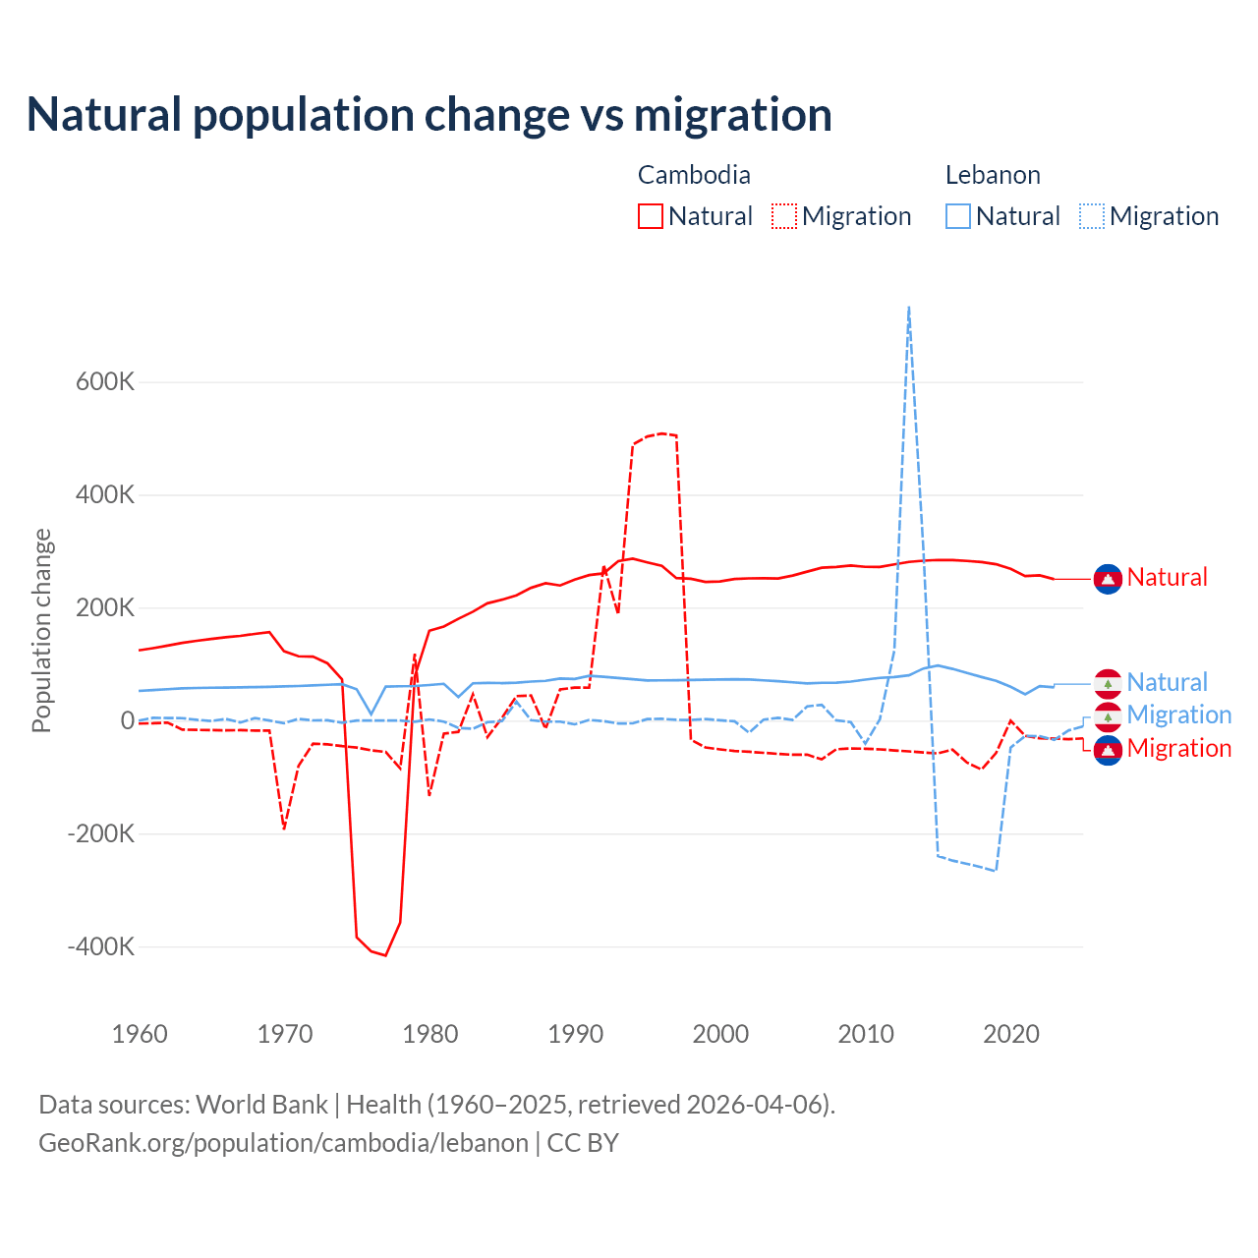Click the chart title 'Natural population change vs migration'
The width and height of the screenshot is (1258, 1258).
tap(429, 115)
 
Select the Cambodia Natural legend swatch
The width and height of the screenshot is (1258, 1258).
tap(651, 216)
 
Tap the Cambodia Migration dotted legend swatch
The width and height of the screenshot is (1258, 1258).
tap(784, 216)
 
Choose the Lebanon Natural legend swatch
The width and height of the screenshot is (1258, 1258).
tap(958, 216)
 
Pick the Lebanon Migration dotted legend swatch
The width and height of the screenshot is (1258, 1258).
tap(1092, 216)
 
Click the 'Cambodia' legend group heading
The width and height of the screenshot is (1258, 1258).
tap(694, 175)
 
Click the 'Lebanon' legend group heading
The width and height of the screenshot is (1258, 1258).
tap(993, 175)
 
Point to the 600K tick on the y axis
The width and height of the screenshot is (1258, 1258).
tap(105, 382)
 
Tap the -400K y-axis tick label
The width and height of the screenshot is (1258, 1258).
tap(101, 947)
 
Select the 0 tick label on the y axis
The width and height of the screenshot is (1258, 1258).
tap(128, 721)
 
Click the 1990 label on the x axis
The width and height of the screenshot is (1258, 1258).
tap(576, 1034)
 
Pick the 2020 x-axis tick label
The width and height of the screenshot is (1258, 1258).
tap(1011, 1034)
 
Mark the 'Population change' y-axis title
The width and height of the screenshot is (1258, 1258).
tap(41, 630)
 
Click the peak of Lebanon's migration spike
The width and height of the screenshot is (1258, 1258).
tap(909, 308)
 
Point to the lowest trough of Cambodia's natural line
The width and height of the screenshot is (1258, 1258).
tap(385, 954)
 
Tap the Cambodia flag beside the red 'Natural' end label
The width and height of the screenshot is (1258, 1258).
tap(1108, 579)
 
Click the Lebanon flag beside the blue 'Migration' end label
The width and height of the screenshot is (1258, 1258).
tap(1108, 716)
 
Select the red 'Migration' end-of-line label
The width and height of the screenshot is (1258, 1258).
tap(1178, 749)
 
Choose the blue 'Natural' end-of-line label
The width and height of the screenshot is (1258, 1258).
tap(1167, 683)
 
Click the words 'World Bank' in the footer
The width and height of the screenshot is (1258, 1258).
tap(261, 1105)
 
